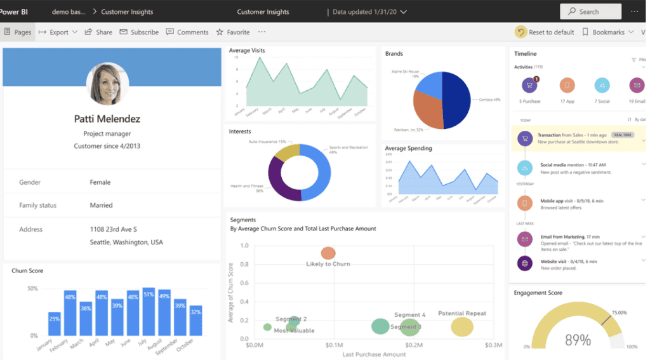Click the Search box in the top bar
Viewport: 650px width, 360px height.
[590, 11]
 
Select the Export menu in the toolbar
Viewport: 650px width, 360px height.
[58, 32]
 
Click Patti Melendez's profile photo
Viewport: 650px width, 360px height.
[107, 84]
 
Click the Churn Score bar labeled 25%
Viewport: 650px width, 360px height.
[55, 323]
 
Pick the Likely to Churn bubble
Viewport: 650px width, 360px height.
[328, 253]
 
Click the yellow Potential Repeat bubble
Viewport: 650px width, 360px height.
[462, 327]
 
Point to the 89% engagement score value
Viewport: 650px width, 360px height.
[577, 340]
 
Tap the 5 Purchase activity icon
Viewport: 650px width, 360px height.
[529, 85]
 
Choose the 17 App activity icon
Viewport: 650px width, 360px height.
[567, 85]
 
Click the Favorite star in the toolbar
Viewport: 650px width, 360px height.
[233, 32]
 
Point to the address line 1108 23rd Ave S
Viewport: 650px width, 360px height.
[113, 229]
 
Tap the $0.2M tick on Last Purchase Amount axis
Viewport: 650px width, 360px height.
[414, 345]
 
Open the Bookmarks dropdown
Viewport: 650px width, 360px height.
[607, 32]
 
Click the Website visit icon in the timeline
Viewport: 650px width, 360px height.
[524, 263]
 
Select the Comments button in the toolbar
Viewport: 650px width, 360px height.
[187, 32]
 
